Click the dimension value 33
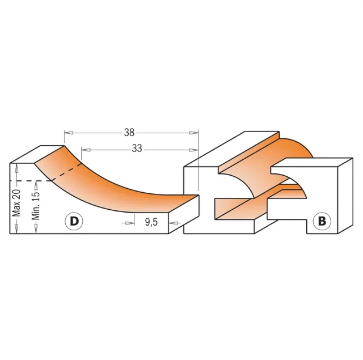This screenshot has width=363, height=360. pyautogui.click(x=136, y=150)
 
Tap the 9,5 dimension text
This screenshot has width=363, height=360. pyautogui.click(x=150, y=222)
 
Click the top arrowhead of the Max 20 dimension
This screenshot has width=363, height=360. pyautogui.click(x=16, y=166)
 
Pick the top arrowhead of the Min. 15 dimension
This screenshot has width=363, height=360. pyautogui.click(x=36, y=183)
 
